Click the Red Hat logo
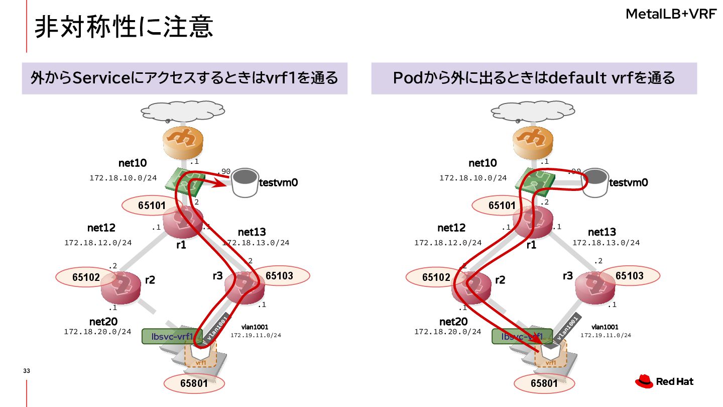664,382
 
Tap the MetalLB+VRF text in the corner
671,14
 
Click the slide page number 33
27,371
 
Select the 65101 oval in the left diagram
152,205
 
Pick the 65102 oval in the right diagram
436,277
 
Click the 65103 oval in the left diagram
279,275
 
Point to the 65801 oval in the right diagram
544,383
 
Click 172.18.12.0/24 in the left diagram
98,243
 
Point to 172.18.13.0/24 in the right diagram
606,243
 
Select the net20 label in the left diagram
103,322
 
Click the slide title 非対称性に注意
124,27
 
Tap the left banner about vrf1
184,78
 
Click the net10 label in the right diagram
483,163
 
